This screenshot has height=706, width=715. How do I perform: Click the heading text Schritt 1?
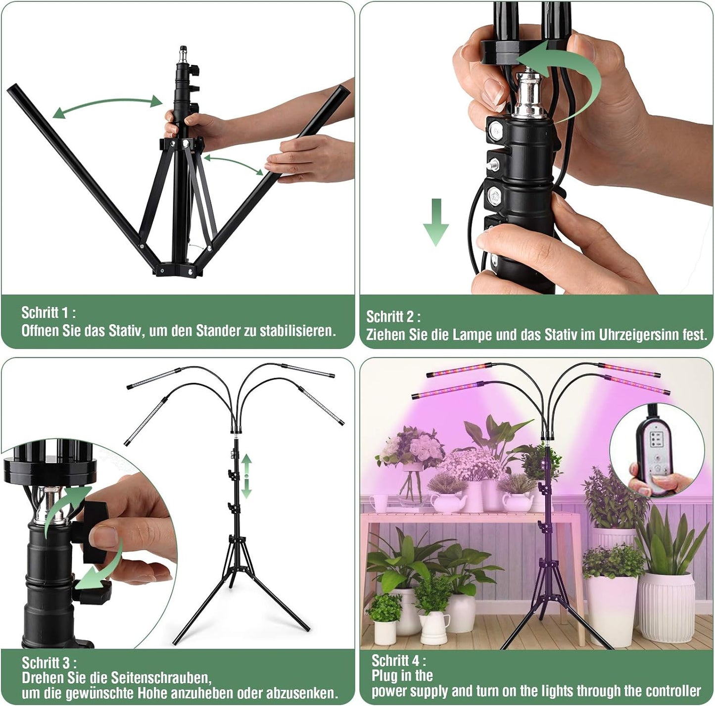coord(48,313)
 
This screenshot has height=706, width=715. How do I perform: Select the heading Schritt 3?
coord(48,662)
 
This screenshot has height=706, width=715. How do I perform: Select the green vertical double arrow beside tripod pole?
coord(246,476)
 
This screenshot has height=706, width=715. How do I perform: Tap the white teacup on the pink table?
coord(380,503)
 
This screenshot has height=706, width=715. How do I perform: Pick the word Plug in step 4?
coord(385,676)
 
